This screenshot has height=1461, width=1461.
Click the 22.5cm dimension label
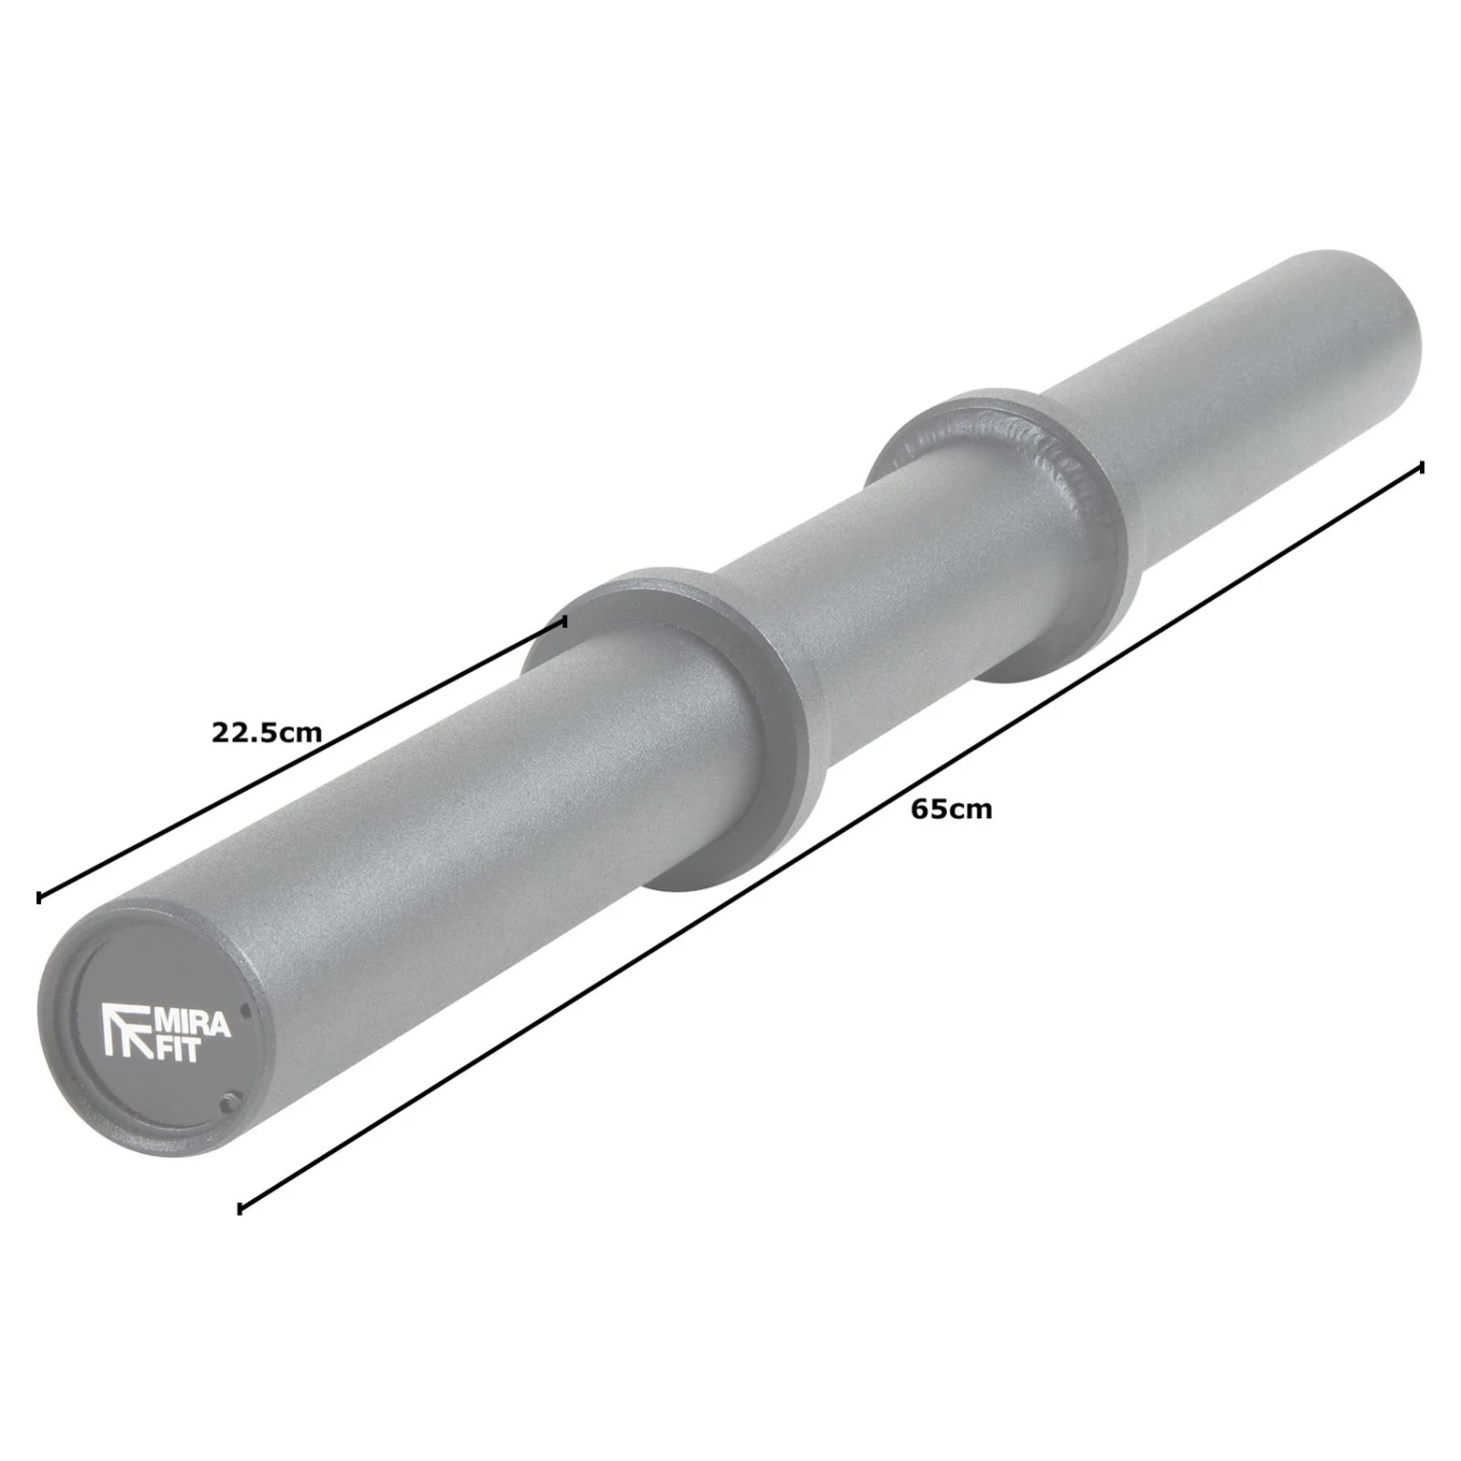(266, 731)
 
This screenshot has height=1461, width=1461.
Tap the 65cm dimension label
(952, 809)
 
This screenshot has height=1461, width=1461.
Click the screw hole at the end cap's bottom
(228, 1102)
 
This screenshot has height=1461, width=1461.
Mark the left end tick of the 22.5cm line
(39, 897)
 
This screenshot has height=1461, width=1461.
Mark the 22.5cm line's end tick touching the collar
(564, 621)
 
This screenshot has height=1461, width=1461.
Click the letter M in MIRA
(164, 1022)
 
